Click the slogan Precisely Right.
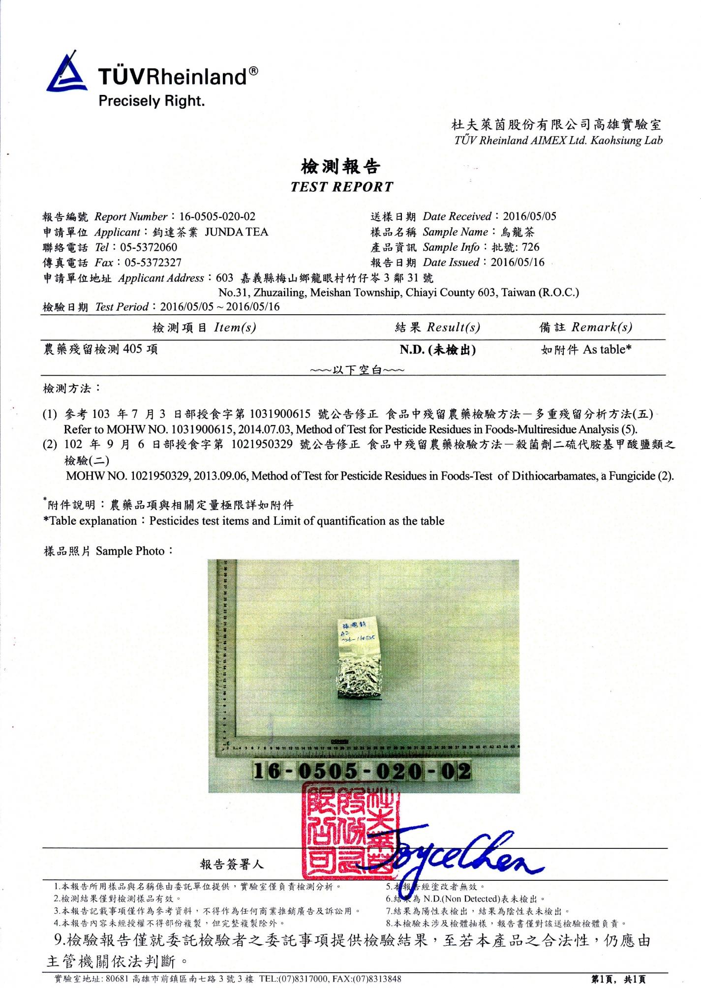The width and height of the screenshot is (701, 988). [x=152, y=101]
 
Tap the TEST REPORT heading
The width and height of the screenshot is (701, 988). [x=342, y=187]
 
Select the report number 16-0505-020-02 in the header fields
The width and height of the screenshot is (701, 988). [x=217, y=217]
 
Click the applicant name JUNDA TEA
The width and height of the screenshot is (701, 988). [x=237, y=232]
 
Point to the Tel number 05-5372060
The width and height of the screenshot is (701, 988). [x=149, y=247]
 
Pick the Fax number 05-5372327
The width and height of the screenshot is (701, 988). [x=153, y=263]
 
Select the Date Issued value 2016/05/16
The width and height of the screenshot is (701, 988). [x=518, y=262]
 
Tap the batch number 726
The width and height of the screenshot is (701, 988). [x=531, y=247]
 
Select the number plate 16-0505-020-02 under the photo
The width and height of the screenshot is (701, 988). [x=362, y=771]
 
